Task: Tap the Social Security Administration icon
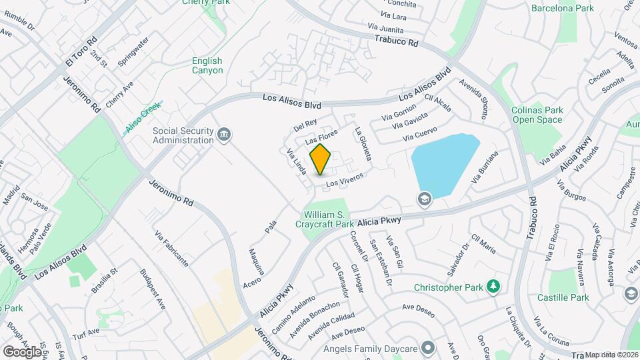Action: click(x=225, y=135)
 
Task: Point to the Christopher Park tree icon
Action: click(x=493, y=287)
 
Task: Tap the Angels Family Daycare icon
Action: click(x=427, y=348)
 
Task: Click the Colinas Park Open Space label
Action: click(x=537, y=115)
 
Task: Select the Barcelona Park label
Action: click(x=562, y=9)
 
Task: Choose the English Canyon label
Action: click(x=207, y=65)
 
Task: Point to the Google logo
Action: click(x=21, y=351)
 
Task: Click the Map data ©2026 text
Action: click(x=611, y=355)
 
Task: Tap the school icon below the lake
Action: click(x=424, y=199)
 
